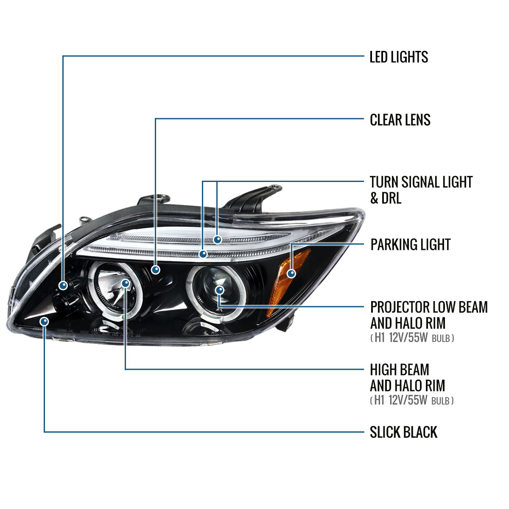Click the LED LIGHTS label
point(399,57)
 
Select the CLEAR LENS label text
point(400,120)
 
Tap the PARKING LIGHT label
point(410,245)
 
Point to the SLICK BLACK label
point(403,432)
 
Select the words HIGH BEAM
point(400,369)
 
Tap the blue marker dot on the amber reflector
point(291,273)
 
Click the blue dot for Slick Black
point(44,322)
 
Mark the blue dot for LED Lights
point(63,285)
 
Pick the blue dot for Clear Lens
point(156,269)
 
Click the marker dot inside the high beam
point(126,283)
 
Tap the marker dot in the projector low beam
point(219,290)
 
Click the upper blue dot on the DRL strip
point(217,240)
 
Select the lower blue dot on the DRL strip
point(203,254)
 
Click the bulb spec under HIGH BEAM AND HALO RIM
point(412,400)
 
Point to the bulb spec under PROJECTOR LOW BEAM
point(412,338)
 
